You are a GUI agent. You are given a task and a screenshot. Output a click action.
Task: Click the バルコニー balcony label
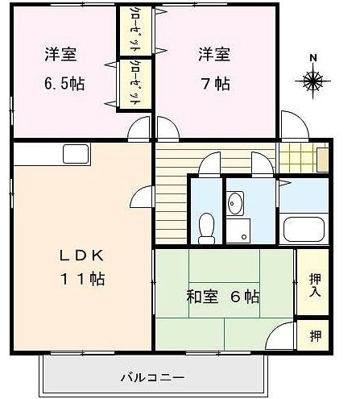pyautogui.click(x=152, y=376)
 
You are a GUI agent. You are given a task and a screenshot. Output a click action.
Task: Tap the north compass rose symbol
pyautogui.click(x=313, y=80)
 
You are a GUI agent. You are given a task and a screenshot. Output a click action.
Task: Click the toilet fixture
pyautogui.click(x=206, y=227)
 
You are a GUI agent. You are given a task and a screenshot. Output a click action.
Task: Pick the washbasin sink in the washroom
pyautogui.click(x=235, y=204)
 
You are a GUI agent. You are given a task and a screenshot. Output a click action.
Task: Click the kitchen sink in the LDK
pyautogui.click(x=77, y=154)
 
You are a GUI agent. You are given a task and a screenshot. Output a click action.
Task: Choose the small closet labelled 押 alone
pyautogui.click(x=314, y=334)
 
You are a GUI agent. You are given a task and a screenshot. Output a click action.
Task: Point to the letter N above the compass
pyautogui.click(x=313, y=58)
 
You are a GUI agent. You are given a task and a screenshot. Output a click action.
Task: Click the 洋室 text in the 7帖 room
pyautogui.click(x=214, y=56)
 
